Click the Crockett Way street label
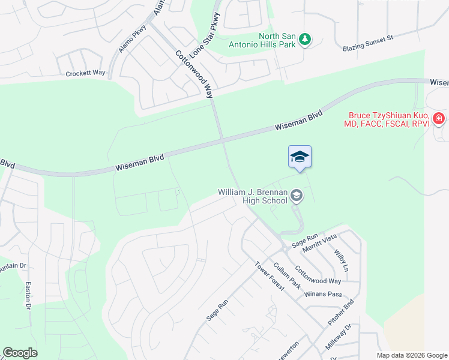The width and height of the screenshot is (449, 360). pyautogui.click(x=86, y=73)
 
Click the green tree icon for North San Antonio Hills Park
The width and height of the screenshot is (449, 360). pyautogui.click(x=306, y=39)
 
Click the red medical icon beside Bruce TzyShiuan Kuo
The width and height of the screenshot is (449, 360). pyautogui.click(x=439, y=118)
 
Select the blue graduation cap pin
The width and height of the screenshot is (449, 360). pyautogui.click(x=300, y=158)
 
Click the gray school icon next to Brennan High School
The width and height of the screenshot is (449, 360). pyautogui.click(x=296, y=196)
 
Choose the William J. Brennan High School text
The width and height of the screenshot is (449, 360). pyautogui.click(x=253, y=196)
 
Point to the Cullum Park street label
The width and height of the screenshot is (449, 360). pyautogui.click(x=287, y=275)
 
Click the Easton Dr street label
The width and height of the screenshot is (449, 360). pyautogui.click(x=28, y=296)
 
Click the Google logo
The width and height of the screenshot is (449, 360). pyautogui.click(x=20, y=353)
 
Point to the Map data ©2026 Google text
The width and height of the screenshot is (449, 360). pyautogui.click(x=411, y=355)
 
